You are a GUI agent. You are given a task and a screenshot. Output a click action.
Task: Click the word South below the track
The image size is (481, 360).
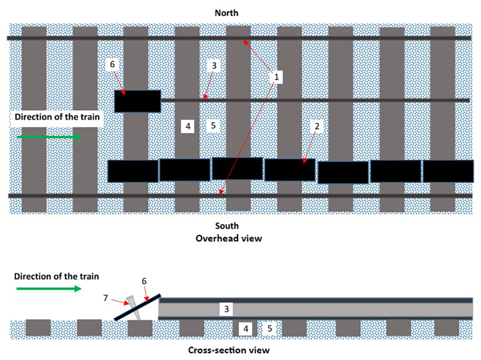(227, 226)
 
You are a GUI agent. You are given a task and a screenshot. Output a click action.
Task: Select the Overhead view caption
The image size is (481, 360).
(229, 238)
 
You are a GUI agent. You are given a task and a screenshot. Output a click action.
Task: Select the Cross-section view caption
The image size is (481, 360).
(229, 350)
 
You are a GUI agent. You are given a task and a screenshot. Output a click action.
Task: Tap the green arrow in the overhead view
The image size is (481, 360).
(50, 137)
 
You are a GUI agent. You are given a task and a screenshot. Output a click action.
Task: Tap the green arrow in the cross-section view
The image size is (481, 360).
(50, 289)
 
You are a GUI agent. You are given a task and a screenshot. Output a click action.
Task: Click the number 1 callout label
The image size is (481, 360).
(276, 76)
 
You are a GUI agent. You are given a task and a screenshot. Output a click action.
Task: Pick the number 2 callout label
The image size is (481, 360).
(317, 127)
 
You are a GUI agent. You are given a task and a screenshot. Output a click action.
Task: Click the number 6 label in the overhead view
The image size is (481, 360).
(112, 65)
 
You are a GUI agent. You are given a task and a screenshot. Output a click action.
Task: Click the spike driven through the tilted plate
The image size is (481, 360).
(132, 306)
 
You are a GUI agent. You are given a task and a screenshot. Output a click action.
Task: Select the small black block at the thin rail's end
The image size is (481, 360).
(138, 101)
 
